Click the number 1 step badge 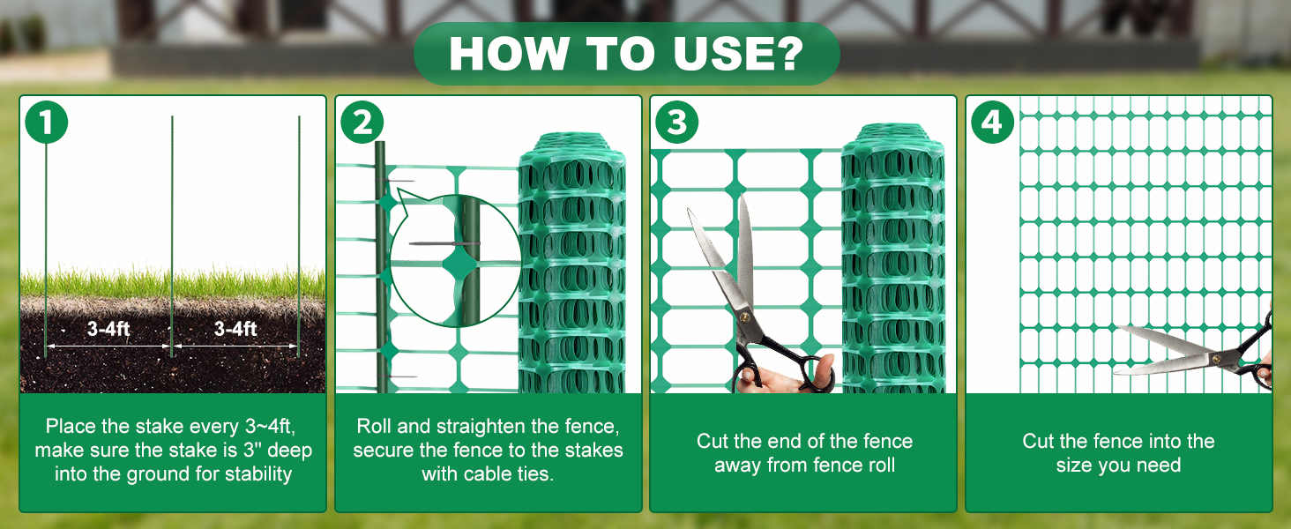point(46,123)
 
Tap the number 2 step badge point(362,123)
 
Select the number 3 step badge point(676,123)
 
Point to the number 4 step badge point(992,123)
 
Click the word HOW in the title point(509,54)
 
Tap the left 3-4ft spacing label point(108,329)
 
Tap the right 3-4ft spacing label point(235,329)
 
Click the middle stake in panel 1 point(172,236)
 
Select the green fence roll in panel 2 point(571,263)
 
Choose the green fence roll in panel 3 point(893,258)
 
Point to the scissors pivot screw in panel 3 point(744,317)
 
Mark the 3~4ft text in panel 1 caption point(270,427)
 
